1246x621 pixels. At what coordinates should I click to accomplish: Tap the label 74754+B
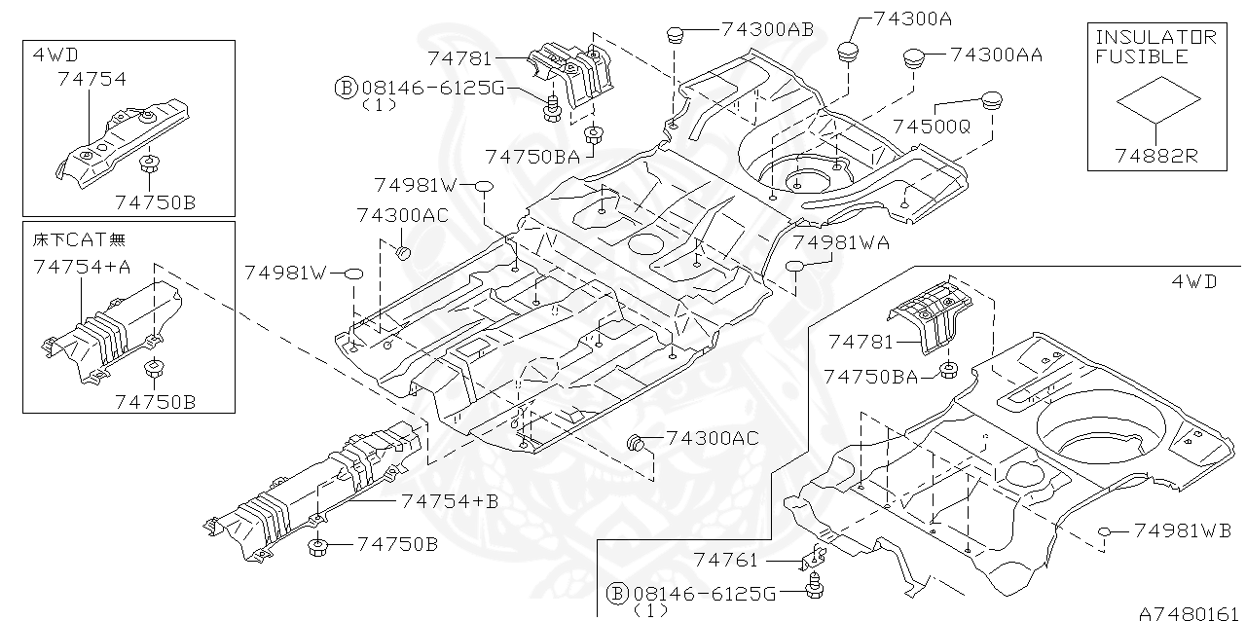(449, 501)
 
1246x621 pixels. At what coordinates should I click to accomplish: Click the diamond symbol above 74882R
(1157, 97)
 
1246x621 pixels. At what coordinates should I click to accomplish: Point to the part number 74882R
(1157, 156)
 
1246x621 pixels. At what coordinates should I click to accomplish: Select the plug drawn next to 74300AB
(676, 36)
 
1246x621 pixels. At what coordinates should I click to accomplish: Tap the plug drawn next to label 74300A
(850, 50)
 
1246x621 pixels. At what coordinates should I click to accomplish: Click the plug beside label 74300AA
(913, 57)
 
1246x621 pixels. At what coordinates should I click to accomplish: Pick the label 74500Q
(932, 127)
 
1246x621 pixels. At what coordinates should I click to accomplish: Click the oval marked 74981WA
(795, 267)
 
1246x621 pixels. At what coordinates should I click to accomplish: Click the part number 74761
(725, 560)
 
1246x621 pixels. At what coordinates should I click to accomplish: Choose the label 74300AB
(768, 29)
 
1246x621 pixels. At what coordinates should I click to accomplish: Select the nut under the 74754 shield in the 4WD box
(149, 164)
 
